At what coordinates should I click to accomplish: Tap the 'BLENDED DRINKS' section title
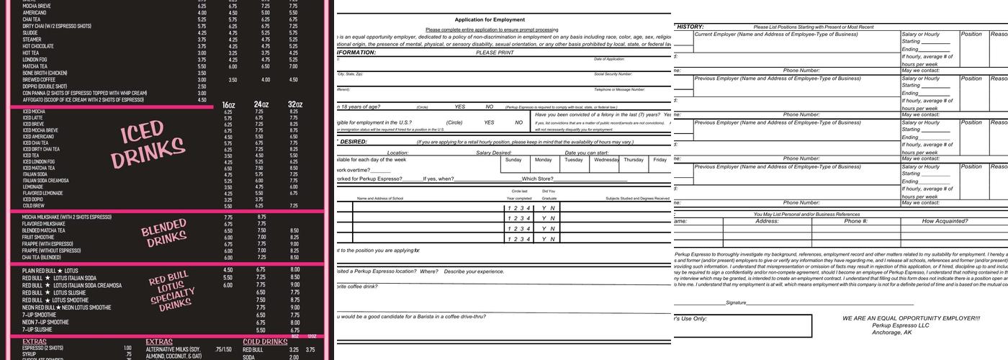pyautogui.click(x=163, y=235)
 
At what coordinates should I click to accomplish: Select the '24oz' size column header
pyautogui.click(x=261, y=105)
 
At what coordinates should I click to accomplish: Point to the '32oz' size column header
pyautogui.click(x=295, y=105)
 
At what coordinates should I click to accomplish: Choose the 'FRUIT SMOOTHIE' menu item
pyautogui.click(x=38, y=237)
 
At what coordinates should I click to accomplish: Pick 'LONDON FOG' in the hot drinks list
pyautogui.click(x=34, y=59)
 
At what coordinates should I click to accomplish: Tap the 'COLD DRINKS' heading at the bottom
pyautogui.click(x=265, y=342)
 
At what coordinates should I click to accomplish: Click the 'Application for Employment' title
pyautogui.click(x=490, y=19)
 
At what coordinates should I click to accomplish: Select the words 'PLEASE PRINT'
pyautogui.click(x=495, y=53)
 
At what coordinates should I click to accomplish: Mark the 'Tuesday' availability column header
pyautogui.click(x=574, y=160)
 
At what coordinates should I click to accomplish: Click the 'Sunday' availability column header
pyautogui.click(x=513, y=160)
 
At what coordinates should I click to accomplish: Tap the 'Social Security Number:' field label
pyautogui.click(x=613, y=74)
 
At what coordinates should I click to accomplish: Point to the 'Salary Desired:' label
pyautogui.click(x=493, y=153)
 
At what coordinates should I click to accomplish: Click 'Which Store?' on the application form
pyautogui.click(x=538, y=179)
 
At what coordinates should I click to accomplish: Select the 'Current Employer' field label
pyautogui.click(x=720, y=34)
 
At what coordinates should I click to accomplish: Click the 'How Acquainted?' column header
pyautogui.click(x=945, y=222)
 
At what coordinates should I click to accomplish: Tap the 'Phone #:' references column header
pyautogui.click(x=855, y=222)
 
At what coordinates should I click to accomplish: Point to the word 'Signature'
pyautogui.click(x=736, y=303)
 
